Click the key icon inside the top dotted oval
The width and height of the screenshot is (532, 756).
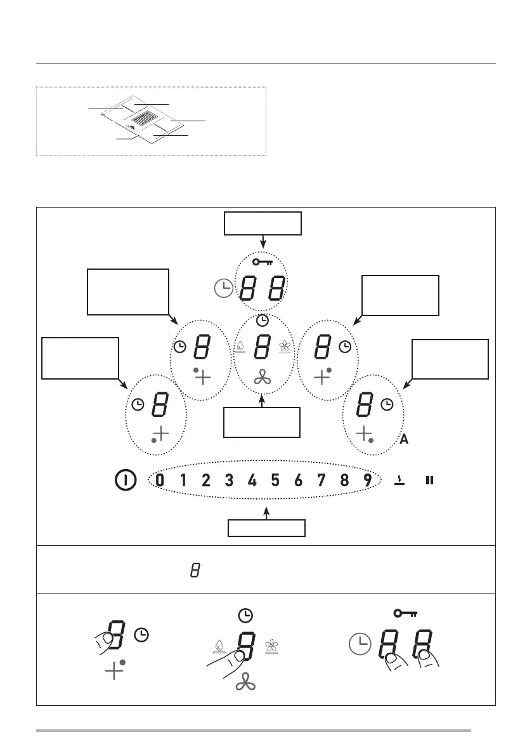tap(262, 262)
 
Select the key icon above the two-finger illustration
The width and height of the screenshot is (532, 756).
tap(406, 613)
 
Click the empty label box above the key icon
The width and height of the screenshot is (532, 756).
tap(262, 224)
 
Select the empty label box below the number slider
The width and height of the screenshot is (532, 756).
tap(266, 528)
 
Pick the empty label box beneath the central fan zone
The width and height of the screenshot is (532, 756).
tap(262, 422)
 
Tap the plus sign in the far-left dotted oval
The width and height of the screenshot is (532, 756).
tap(162, 434)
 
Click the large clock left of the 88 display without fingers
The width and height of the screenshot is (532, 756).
tap(224, 289)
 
